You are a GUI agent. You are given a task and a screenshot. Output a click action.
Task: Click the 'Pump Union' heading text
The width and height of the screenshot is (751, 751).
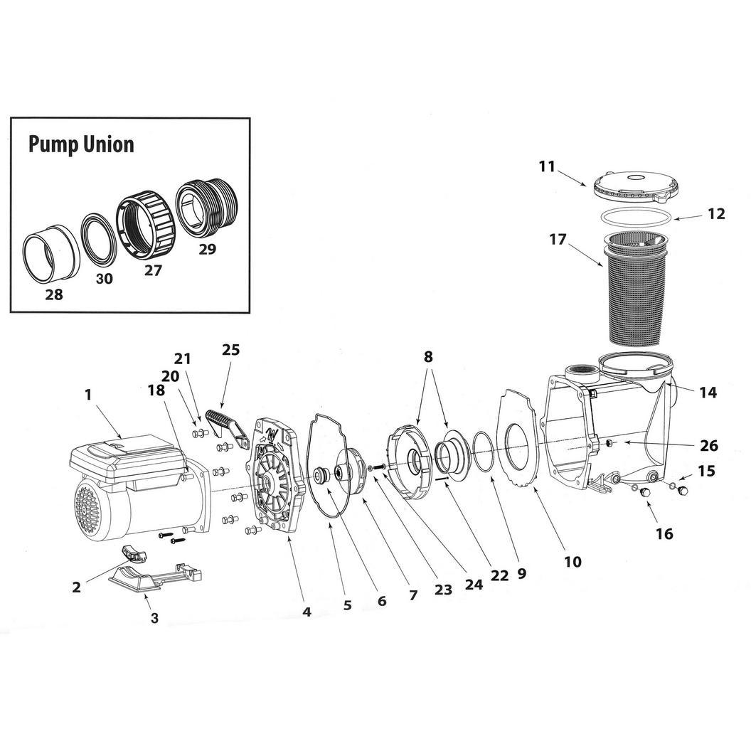click(81, 144)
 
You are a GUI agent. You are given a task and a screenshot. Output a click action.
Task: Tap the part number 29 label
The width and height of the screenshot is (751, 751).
click(207, 249)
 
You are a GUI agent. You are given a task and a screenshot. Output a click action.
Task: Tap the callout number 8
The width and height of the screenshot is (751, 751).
click(427, 356)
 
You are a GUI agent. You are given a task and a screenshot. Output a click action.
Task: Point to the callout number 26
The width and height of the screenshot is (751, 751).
click(709, 445)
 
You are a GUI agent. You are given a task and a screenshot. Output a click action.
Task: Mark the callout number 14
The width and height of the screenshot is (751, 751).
click(708, 393)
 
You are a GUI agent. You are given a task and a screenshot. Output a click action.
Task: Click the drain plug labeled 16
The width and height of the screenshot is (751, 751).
click(644, 492)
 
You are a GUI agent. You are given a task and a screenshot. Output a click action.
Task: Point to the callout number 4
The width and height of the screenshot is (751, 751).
click(307, 612)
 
